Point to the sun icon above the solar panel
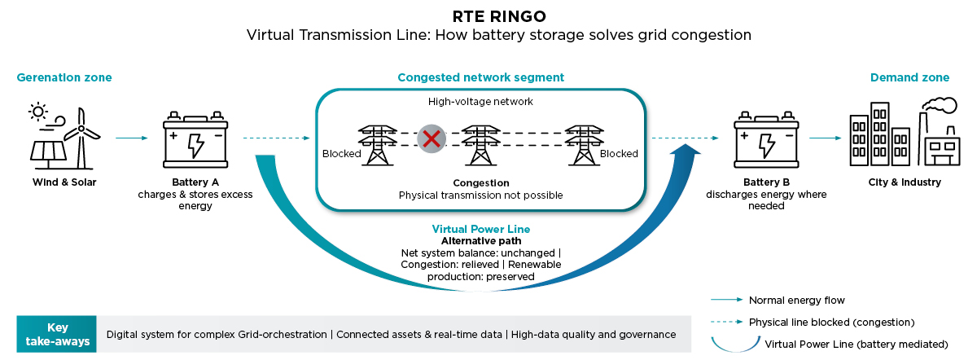37,111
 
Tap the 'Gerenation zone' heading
64,77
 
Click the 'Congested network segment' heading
480,77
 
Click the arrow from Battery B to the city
825,138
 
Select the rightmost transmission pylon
581,145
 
